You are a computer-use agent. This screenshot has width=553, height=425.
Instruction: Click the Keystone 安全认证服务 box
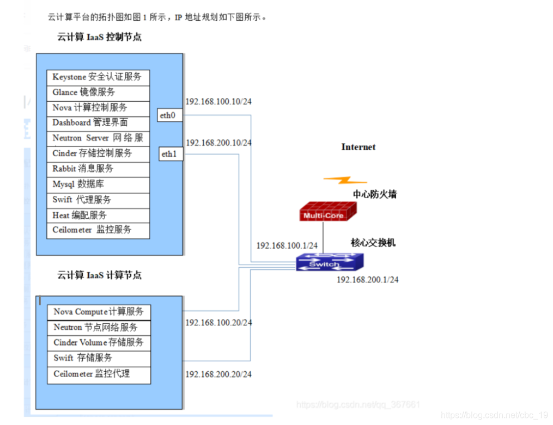click(98, 77)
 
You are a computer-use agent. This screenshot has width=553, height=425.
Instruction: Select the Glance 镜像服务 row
click(98, 93)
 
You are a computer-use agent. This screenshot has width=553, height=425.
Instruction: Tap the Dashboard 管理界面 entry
click(98, 123)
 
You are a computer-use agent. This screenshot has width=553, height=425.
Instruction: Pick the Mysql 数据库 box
click(98, 184)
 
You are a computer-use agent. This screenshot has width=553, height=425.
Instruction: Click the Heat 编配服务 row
click(98, 215)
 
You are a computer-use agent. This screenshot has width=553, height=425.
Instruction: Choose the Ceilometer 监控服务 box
click(98, 230)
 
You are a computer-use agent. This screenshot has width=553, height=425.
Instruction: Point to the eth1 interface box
click(170, 154)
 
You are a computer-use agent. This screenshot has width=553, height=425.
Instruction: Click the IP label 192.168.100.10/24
click(218, 101)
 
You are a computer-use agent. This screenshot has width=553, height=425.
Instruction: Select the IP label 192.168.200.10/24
click(218, 143)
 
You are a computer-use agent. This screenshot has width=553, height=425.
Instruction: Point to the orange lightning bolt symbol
click(345, 180)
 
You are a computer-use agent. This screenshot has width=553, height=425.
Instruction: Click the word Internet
click(358, 147)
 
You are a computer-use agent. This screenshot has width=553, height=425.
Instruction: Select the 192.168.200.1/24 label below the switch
click(367, 280)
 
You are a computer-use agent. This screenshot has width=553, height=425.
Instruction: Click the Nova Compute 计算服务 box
click(99, 312)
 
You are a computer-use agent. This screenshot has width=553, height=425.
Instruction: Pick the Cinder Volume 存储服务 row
click(99, 343)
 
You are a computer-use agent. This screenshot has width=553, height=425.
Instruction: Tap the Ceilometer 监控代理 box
click(99, 374)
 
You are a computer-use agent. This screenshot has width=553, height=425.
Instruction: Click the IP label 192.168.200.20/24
click(218, 374)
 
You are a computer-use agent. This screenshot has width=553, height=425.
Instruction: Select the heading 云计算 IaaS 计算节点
click(99, 275)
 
